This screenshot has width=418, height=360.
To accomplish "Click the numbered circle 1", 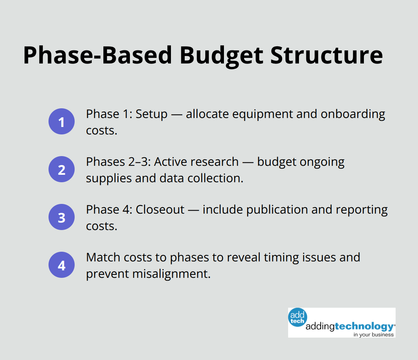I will pyautogui.click(x=62, y=122).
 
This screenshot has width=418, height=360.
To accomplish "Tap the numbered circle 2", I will pyautogui.click(x=62, y=170).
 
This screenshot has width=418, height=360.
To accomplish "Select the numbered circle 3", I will pyautogui.click(x=62, y=217).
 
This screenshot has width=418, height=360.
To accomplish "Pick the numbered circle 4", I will pyautogui.click(x=62, y=265).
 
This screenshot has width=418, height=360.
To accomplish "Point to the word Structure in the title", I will pyautogui.click(x=327, y=55).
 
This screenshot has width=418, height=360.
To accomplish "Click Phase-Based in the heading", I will pyautogui.click(x=98, y=55).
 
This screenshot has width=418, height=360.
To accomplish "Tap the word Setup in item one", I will pyautogui.click(x=152, y=114).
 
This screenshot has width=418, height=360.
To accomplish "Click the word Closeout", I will pyautogui.click(x=160, y=210).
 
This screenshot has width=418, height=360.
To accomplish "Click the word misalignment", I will pyautogui.click(x=171, y=274).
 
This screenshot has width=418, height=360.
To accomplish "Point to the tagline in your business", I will pyautogui.click(x=374, y=335).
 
